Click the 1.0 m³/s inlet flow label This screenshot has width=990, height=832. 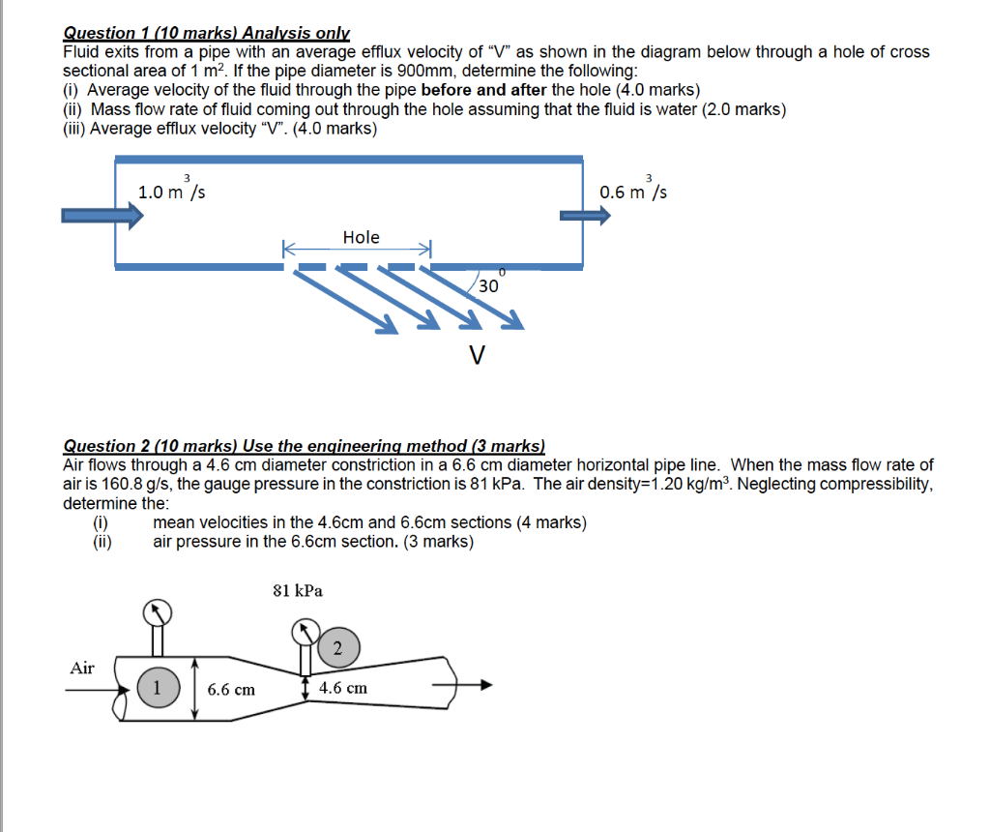(x=171, y=191)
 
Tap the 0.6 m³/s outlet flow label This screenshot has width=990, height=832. (x=632, y=191)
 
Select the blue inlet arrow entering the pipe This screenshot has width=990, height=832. (x=102, y=215)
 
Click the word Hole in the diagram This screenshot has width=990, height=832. (x=361, y=237)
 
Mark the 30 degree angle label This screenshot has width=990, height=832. (x=489, y=285)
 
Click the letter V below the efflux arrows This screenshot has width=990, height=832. (x=475, y=356)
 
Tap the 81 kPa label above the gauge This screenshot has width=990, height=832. (x=298, y=589)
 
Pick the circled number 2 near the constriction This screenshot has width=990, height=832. (x=336, y=647)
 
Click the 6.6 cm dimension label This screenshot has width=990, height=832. (x=232, y=689)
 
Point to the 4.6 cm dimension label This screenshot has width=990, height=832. (x=343, y=688)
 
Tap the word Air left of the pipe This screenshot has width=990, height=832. (x=83, y=668)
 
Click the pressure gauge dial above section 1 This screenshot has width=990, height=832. (x=158, y=611)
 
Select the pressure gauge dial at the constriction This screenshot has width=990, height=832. (x=307, y=632)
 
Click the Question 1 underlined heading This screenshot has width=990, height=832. (x=206, y=33)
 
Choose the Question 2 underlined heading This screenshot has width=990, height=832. (x=304, y=446)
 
